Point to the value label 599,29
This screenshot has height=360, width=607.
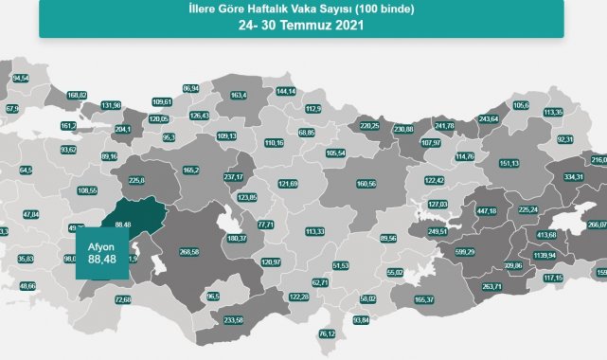pyautogui.click(x=464, y=251)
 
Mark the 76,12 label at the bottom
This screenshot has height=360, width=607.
pyautogui.click(x=328, y=333)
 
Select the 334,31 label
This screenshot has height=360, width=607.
pyautogui.click(x=574, y=176)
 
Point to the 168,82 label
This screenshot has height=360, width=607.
pyautogui.click(x=78, y=95)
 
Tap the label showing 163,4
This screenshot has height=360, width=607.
pyautogui.click(x=239, y=95)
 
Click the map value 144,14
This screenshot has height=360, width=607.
pyautogui.click(x=286, y=91)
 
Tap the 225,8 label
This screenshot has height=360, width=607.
pyautogui.click(x=136, y=180)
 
